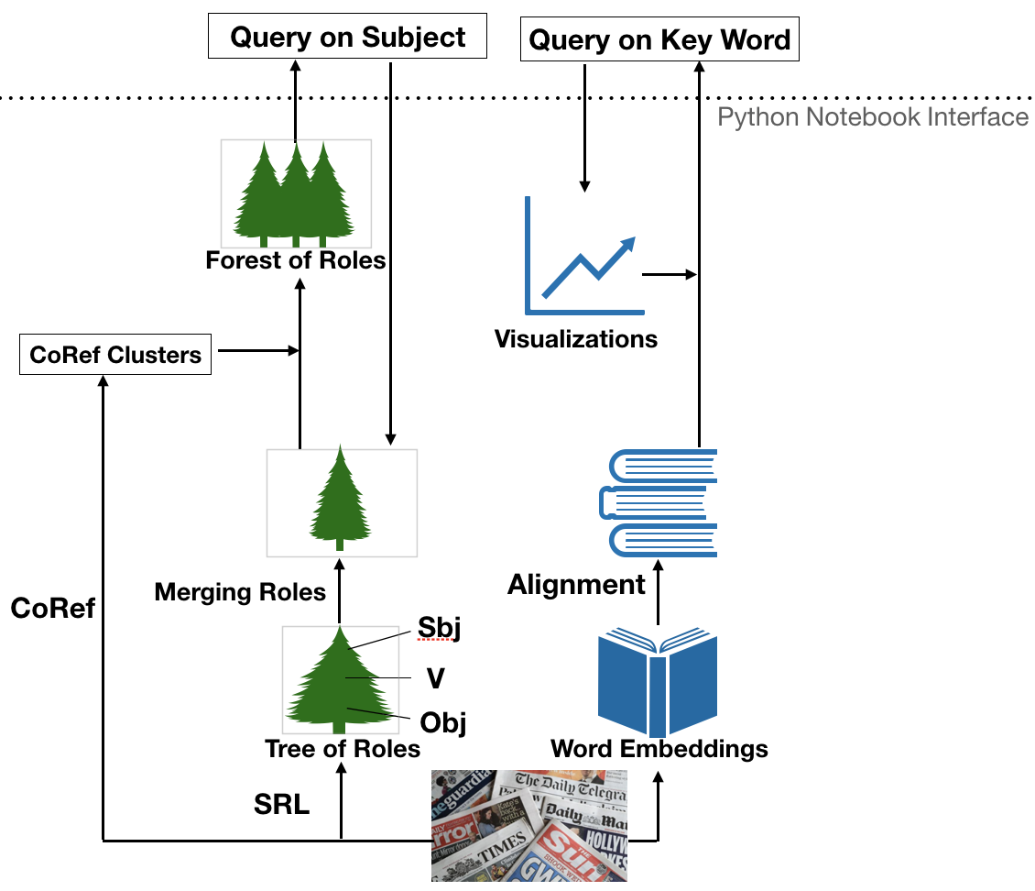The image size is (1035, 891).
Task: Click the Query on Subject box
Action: (x=348, y=38)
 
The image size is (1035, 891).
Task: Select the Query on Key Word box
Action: (x=659, y=40)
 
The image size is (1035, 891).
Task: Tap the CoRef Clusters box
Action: (x=115, y=355)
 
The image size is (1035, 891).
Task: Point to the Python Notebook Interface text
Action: (x=872, y=117)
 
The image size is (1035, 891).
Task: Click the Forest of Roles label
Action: (x=296, y=260)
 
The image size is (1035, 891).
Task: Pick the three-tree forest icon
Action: (x=296, y=193)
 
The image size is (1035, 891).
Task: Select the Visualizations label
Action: (x=576, y=339)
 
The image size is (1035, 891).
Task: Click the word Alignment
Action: (x=577, y=584)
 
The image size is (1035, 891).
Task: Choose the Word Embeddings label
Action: (x=659, y=749)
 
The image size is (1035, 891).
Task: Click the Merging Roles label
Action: (x=240, y=592)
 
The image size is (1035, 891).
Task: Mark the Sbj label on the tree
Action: (x=439, y=630)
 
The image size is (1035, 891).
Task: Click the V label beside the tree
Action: (x=436, y=678)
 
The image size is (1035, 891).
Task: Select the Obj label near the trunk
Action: (x=443, y=722)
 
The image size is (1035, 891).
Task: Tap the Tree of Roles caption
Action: (x=343, y=749)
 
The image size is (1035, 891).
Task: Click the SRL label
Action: (x=281, y=805)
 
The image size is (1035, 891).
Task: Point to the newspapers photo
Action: (x=529, y=825)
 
